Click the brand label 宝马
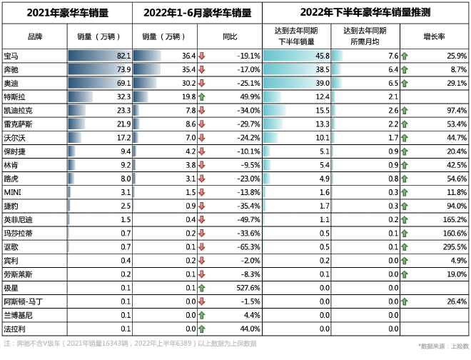coord(11,56)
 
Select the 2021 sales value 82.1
coord(123,56)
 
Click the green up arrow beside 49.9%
coord(203,96)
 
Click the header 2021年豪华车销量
coord(67,13)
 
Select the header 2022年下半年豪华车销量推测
coord(365,13)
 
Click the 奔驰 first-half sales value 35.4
coord(188,69)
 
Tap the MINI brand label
coord(13,192)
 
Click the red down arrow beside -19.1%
coord(203,56)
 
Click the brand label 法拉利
coord(14,328)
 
